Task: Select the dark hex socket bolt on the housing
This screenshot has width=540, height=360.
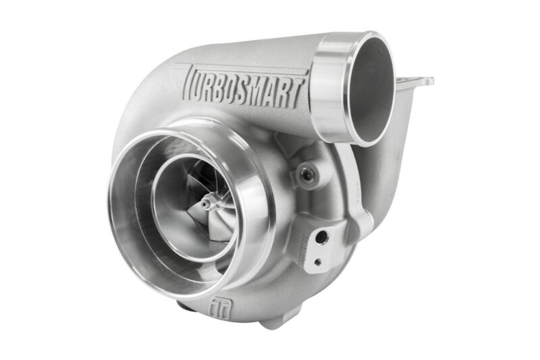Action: click(x=308, y=176)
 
